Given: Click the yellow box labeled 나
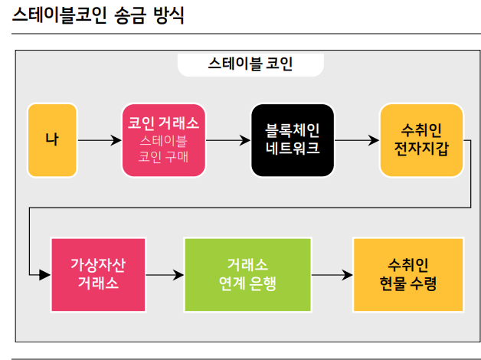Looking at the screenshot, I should pos(53,140).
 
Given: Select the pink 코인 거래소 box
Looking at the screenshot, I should pos(164,140).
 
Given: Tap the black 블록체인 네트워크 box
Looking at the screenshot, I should pos(293,140).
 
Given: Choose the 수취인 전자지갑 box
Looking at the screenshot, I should pos(421,140).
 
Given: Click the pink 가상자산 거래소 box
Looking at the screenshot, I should pos(98,274).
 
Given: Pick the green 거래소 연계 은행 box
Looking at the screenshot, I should pos(247,274).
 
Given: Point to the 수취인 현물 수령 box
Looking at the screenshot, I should pos(408,274).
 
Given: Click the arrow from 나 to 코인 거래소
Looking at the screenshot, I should pos(100,140).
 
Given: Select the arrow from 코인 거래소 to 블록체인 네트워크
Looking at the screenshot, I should pos(228,140).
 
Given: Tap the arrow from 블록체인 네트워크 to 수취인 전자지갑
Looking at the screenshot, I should pos(357,140).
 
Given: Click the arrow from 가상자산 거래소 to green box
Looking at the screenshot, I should pos(165,274).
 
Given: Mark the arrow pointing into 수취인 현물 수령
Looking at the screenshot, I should pos(332,274).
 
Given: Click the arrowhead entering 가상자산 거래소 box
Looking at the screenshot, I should pos(44,274).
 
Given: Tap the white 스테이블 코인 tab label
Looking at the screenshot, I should pos(250,64).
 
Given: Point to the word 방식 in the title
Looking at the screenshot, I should pos(168,15).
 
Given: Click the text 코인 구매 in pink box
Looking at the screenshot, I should pos(164,157).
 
